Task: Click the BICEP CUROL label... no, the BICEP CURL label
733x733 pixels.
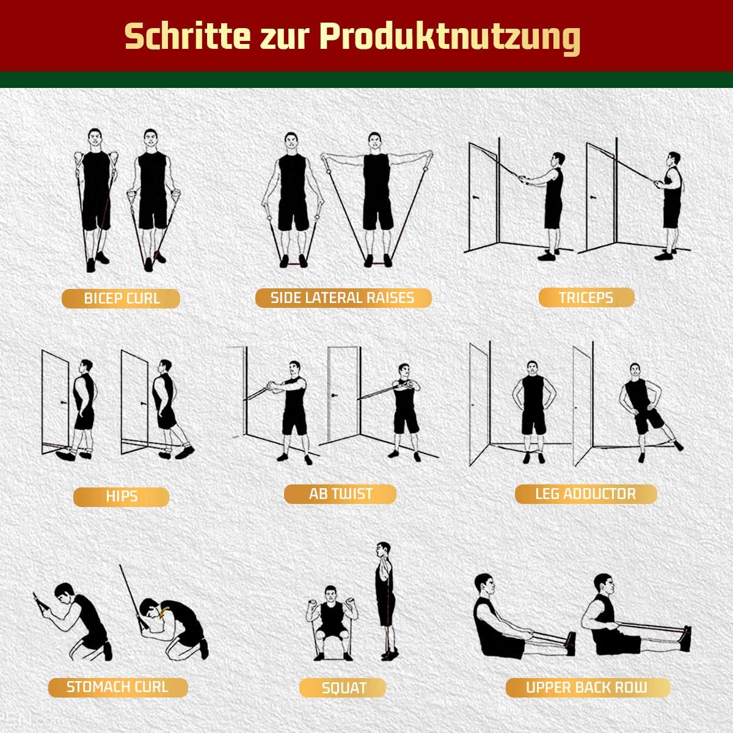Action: point(121,299)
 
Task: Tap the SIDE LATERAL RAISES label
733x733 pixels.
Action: point(343,298)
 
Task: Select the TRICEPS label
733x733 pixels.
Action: point(586,297)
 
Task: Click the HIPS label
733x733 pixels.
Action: point(121,497)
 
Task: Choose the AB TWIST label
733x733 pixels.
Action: point(340,494)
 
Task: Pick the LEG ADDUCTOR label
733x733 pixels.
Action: point(585,494)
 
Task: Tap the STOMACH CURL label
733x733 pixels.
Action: point(117,687)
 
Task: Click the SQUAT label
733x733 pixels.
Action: point(343,688)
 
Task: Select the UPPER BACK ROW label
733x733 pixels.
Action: point(586,688)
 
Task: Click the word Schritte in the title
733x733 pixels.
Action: point(188,37)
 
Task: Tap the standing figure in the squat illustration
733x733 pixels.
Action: point(384,599)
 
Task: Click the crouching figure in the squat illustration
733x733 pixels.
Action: point(330,620)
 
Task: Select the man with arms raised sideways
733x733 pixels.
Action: point(376,195)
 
